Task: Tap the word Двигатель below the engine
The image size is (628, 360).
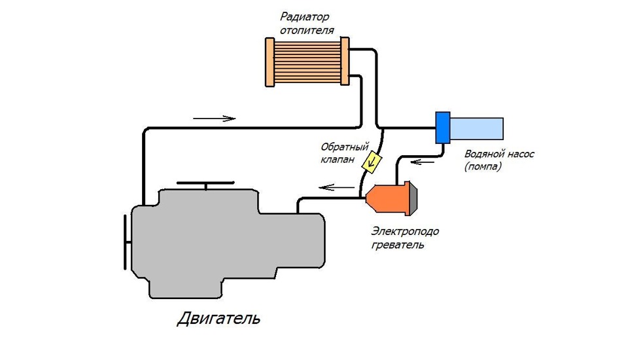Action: (x=218, y=318)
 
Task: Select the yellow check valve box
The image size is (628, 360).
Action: (x=372, y=162)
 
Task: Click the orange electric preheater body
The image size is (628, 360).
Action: (x=388, y=199)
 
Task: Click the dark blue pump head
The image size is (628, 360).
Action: (x=443, y=128)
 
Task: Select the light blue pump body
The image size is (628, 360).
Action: (x=477, y=128)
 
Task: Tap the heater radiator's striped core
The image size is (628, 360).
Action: (x=307, y=62)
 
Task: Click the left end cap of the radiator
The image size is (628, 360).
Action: (x=270, y=62)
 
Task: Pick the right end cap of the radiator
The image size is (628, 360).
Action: (x=345, y=62)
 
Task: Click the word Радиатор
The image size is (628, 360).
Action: (x=304, y=17)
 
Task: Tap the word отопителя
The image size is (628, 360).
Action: (x=307, y=31)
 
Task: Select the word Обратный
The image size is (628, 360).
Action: (x=345, y=147)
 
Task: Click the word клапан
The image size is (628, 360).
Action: (x=338, y=160)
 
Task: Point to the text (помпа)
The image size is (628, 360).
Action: (x=483, y=166)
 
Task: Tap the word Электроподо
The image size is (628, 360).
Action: (x=405, y=231)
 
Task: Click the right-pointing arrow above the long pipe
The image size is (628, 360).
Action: (x=215, y=118)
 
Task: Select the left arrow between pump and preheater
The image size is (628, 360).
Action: (x=423, y=162)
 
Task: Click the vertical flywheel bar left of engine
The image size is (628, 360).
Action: (x=125, y=242)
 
